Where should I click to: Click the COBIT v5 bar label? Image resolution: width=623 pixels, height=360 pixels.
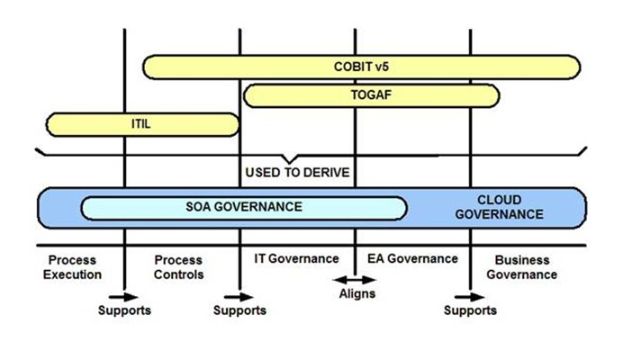(360, 67)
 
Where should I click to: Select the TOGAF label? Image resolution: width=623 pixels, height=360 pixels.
(368, 94)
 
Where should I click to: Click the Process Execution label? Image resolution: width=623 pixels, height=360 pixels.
(72, 267)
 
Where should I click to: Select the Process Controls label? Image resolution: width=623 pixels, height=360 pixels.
(180, 267)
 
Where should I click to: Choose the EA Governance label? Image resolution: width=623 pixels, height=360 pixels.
(413, 259)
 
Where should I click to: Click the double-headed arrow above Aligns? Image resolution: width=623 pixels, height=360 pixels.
(355, 279)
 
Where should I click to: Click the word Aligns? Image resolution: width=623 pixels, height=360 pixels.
(357, 293)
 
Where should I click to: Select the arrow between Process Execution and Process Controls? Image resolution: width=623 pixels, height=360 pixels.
(124, 294)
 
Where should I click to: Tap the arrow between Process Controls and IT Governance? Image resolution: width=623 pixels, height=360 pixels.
(239, 294)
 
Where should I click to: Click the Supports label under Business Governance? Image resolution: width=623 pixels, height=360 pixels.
(470, 310)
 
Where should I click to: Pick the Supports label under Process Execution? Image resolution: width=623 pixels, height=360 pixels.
(124, 310)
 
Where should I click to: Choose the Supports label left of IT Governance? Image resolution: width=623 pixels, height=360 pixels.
(239, 310)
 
